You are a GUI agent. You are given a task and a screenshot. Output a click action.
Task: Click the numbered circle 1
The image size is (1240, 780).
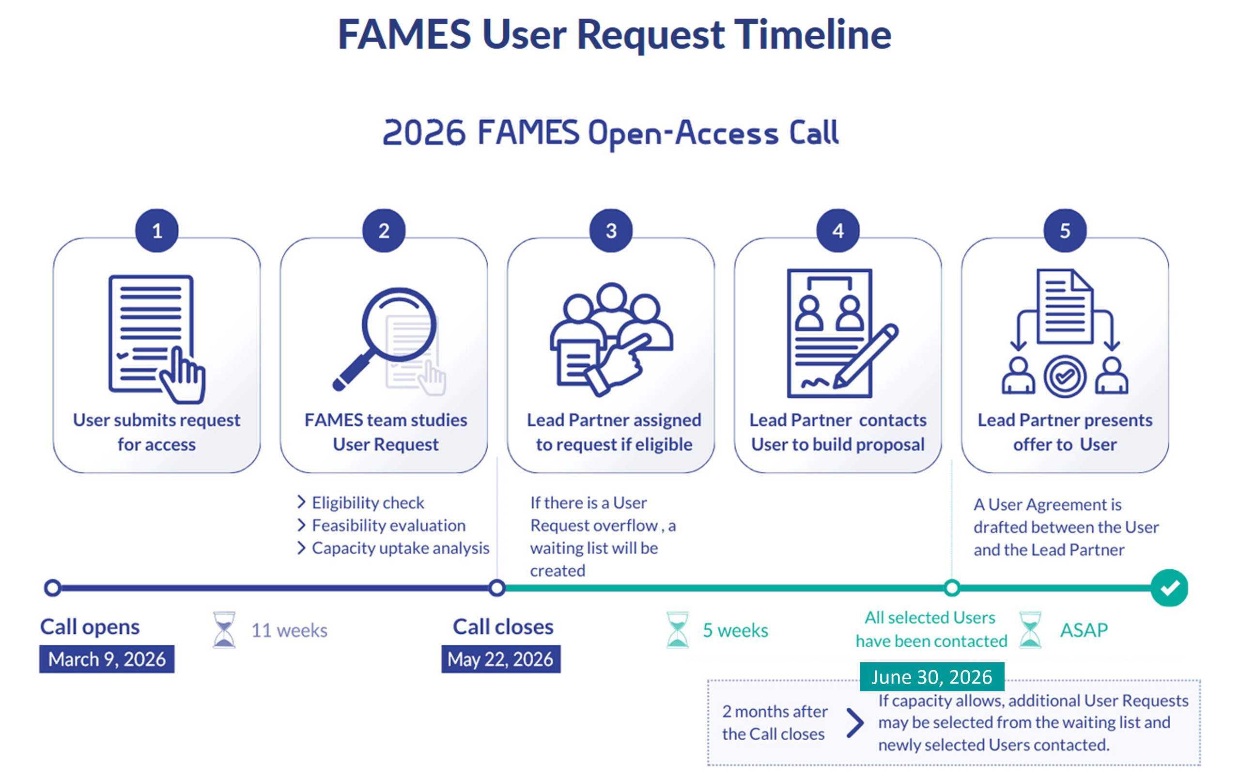coord(156,230)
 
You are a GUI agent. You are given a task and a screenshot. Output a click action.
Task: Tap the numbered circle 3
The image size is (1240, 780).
coord(611,230)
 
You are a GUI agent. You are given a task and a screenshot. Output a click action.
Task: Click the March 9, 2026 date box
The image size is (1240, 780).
coord(107,659)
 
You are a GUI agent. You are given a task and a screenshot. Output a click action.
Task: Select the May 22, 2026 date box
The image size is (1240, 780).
coord(500,659)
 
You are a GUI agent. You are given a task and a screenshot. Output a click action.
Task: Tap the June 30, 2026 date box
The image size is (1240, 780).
coord(931,676)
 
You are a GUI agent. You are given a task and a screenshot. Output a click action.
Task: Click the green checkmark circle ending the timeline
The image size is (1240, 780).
coord(1169,588)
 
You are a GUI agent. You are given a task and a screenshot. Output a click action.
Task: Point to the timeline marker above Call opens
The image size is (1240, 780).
coord(52,588)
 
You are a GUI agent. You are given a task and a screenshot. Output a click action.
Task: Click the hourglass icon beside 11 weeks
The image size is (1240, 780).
coord(224,629)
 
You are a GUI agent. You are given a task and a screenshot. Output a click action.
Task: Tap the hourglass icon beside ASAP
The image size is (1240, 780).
coord(1030,629)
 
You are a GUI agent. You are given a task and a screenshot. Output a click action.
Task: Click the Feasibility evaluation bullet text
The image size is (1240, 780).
coord(389,525)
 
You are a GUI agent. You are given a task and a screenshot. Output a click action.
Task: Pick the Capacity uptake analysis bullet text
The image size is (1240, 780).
coord(400,547)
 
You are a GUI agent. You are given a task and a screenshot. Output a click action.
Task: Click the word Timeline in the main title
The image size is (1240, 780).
coord(812,34)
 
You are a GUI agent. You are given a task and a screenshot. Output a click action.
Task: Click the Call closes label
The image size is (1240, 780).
coord(503,626)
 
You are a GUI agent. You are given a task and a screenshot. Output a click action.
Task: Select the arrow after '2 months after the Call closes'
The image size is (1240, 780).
coord(855,723)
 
